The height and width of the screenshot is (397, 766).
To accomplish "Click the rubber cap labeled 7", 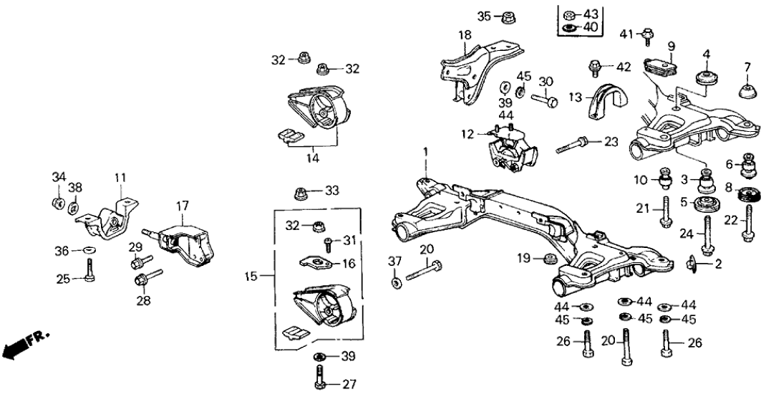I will tap(747, 92).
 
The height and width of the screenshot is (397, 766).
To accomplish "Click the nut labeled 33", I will tap(301, 192).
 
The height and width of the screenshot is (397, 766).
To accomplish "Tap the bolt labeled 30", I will tap(548, 102).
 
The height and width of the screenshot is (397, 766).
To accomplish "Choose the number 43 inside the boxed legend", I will tap(591, 14).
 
